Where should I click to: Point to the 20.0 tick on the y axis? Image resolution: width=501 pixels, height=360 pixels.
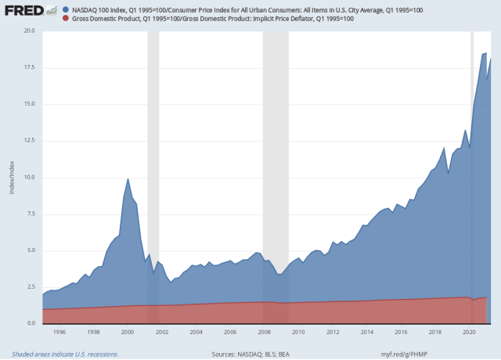point(28,31)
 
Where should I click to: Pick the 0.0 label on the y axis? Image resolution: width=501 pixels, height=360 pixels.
point(30,324)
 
